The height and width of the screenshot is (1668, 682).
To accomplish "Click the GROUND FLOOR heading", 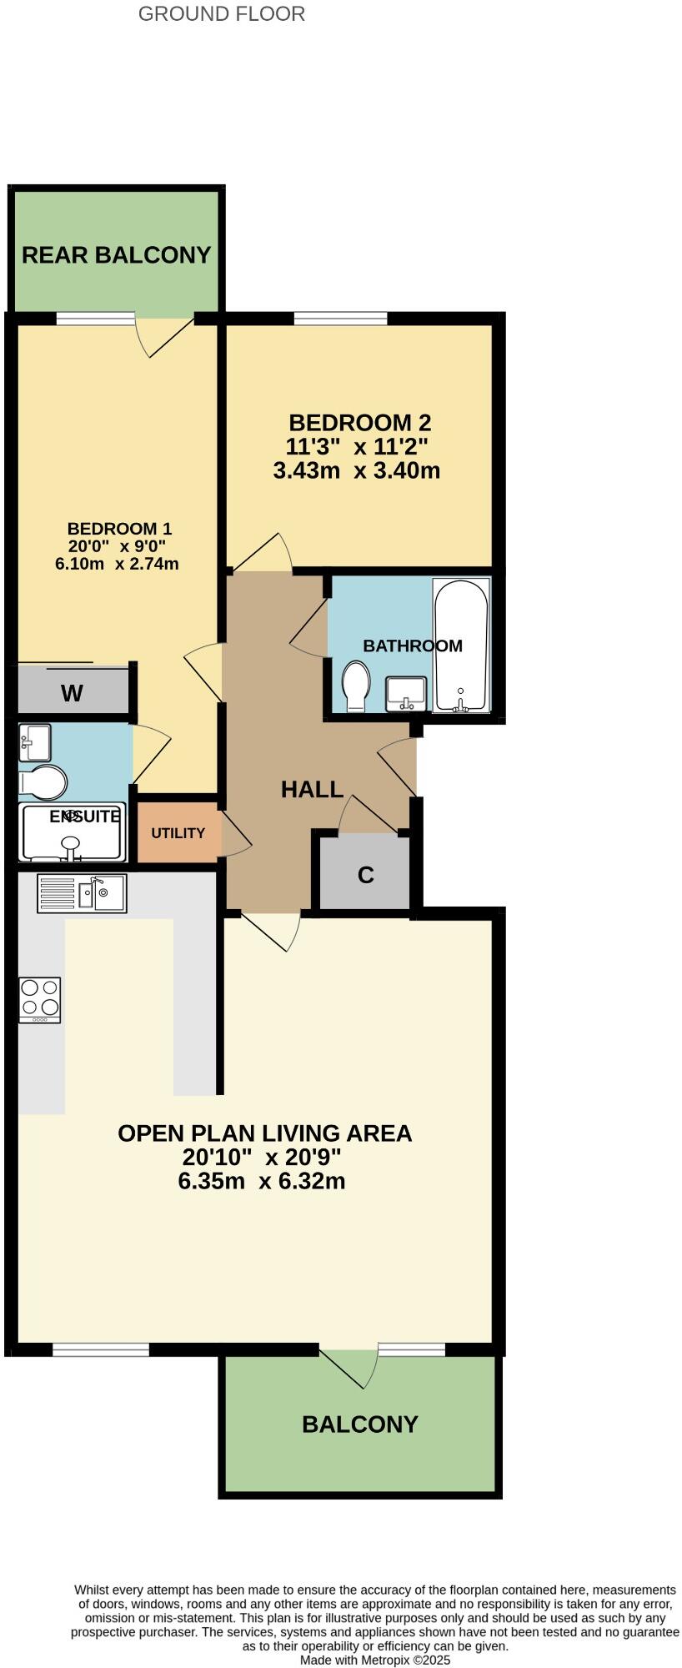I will coord(221,14).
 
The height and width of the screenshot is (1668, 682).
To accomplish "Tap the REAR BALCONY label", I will coord(116,255).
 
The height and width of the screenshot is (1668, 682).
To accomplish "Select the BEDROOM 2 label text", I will coord(359,423).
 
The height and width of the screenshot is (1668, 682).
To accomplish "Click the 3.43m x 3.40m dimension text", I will coord(356,471).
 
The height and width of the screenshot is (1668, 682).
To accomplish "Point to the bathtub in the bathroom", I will coord(461,646).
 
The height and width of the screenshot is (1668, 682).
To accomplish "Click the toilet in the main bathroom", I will coord(357,686).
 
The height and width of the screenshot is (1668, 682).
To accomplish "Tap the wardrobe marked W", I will coord(73,693).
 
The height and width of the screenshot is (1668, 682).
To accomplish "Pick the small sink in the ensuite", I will coord(36,741).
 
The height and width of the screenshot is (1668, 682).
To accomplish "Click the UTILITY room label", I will coord(178,833).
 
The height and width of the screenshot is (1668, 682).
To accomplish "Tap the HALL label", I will coord(312,790).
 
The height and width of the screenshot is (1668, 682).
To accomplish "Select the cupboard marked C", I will coord(365,875).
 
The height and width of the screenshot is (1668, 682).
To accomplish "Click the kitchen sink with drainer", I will coord(82,893).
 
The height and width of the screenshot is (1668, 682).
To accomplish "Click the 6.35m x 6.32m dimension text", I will coord(261,1182).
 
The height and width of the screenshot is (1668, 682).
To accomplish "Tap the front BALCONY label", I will coord(359,1424).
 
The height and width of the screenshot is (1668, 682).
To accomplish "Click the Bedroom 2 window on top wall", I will coord(340,318).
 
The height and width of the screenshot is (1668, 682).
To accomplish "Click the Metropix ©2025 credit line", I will coord(374,1660).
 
